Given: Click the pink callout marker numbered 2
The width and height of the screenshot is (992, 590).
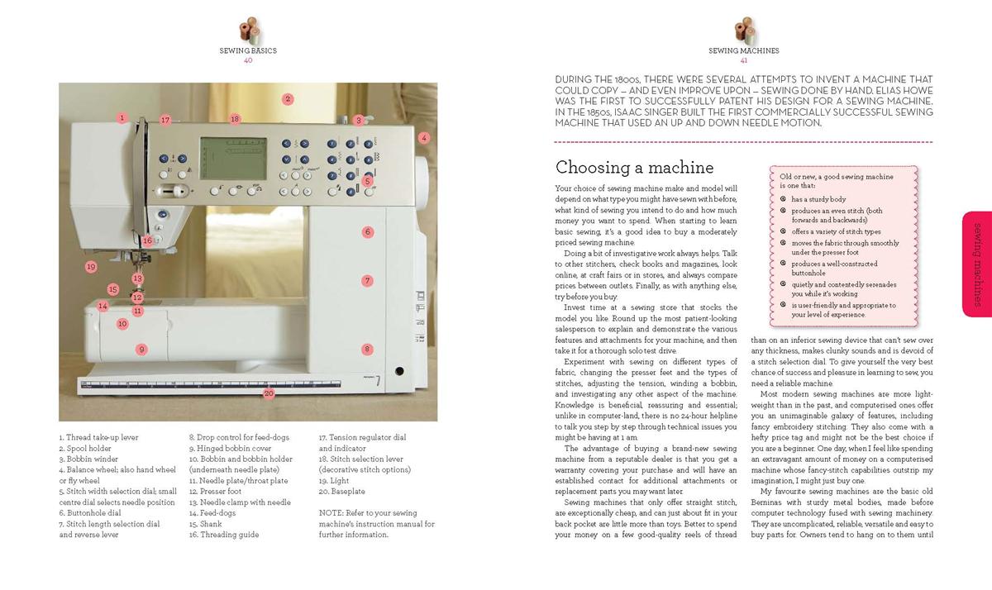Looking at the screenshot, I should click(288, 99).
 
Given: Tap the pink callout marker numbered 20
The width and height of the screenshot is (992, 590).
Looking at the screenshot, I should click(269, 393).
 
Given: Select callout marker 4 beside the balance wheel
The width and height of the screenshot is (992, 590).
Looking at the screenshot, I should click(424, 138).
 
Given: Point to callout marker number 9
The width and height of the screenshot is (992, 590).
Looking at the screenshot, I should click(141, 350).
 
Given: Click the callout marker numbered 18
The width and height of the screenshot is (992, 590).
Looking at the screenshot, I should click(235, 119).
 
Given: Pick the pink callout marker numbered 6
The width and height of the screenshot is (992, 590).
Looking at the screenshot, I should click(367, 232).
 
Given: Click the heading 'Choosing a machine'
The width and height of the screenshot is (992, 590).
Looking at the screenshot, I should click(634, 168).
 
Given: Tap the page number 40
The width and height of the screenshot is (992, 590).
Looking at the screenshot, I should click(248, 60).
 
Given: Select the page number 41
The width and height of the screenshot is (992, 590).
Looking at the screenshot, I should click(744, 60).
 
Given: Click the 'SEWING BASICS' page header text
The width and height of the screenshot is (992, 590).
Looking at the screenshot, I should click(248, 50).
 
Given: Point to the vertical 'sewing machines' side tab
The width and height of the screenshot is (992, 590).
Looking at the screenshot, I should click(976, 264).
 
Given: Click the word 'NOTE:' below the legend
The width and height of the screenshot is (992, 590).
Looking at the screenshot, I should click(330, 513).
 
